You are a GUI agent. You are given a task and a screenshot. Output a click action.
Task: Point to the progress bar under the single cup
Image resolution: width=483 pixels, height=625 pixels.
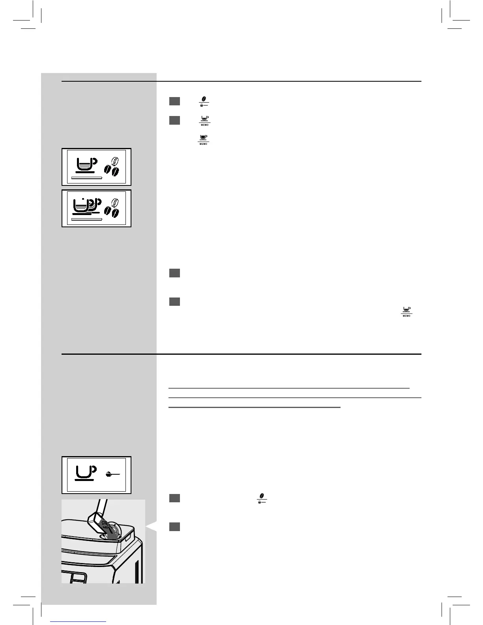[86, 178]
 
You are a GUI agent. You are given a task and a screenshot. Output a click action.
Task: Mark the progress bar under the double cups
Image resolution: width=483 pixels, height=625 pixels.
[86, 219]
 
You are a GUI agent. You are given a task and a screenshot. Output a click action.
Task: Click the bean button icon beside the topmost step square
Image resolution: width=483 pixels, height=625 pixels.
[204, 101]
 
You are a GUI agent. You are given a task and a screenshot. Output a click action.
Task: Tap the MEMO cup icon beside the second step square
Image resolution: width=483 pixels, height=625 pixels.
[204, 120]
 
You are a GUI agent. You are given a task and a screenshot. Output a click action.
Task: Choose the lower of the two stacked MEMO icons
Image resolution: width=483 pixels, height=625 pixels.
[203, 139]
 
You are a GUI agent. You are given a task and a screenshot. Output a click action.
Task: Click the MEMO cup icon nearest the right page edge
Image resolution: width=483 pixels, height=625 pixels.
[406, 311]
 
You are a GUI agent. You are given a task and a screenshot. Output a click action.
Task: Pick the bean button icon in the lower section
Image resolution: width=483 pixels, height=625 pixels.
[262, 498]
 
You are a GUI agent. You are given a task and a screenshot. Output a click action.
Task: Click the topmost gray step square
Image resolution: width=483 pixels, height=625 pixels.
[174, 101]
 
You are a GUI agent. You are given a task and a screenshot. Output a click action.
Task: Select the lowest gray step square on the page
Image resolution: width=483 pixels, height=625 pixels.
[174, 527]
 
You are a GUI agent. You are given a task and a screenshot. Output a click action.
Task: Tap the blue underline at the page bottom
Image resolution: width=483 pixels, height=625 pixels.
[79, 621]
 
